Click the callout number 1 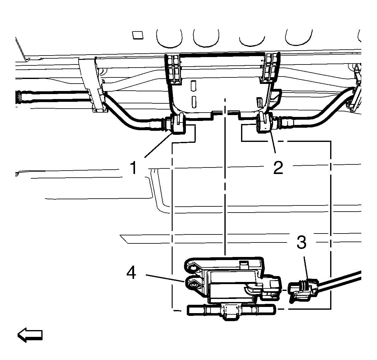133,168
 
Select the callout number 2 278,168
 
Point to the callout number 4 132,273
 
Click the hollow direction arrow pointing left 30,335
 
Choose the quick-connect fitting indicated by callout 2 264,124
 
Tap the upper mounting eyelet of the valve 192,266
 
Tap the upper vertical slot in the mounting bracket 193,85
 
